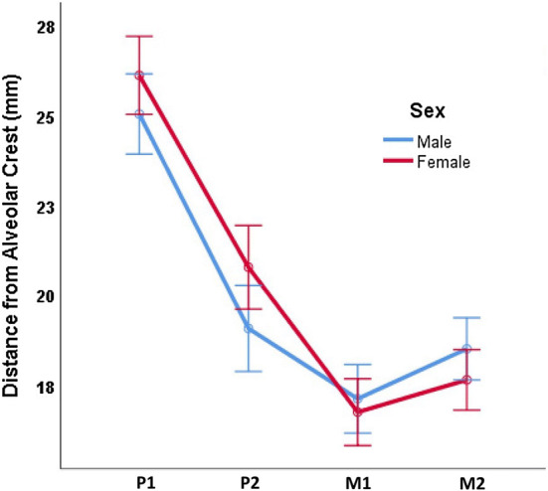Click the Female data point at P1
139,75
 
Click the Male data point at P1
139,114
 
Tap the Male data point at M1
357,400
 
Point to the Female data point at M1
357,411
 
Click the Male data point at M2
465,349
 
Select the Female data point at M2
465,380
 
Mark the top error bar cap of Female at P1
139,36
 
